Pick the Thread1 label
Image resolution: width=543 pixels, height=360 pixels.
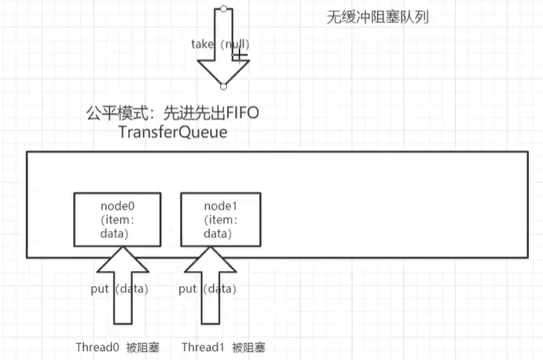(x=202, y=347)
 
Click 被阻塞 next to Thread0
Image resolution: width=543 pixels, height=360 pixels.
(x=143, y=347)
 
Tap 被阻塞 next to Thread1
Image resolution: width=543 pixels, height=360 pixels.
(x=248, y=347)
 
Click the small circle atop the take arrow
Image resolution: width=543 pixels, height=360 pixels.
(x=224, y=9)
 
